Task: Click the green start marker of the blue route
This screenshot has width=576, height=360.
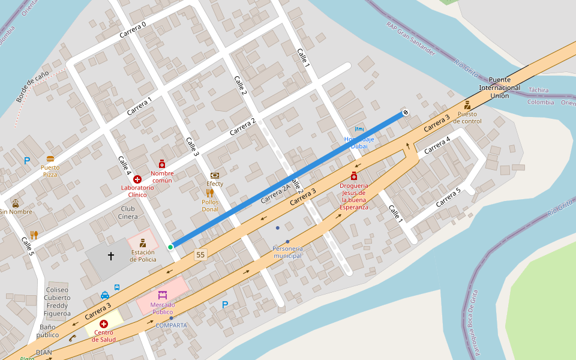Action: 170,247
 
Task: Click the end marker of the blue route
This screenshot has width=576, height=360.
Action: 406,112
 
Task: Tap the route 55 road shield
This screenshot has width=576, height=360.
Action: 200,255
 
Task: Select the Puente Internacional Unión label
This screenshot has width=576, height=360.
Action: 500,88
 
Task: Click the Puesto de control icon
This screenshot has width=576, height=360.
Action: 467,105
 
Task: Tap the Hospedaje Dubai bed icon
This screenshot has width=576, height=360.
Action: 359,129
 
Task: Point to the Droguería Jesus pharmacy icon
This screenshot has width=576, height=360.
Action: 354,175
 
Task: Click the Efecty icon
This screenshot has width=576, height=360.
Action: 215,175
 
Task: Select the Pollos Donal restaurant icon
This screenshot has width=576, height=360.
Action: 210,193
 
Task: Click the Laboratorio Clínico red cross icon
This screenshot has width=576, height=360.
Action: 137,179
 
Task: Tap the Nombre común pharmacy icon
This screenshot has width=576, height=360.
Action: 162,164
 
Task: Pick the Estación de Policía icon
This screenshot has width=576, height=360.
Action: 143,243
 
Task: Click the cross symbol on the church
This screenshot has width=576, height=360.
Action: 111,256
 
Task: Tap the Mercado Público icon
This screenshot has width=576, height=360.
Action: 162,295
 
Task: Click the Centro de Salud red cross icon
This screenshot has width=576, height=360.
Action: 104,324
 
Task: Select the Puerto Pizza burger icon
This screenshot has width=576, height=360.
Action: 50,160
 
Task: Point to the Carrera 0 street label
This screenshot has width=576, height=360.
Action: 133,29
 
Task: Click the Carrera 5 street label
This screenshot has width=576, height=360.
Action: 448,197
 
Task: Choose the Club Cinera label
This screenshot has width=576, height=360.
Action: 127,212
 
